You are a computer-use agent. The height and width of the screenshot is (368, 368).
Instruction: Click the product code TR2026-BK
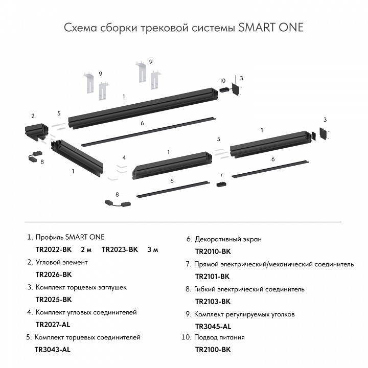54,274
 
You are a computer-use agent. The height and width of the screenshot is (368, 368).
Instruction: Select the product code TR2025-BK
54,300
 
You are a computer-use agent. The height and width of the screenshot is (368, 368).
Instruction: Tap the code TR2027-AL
53,325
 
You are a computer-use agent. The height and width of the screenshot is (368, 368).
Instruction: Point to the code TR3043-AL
52,350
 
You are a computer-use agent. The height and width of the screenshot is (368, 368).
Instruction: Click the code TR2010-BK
213,251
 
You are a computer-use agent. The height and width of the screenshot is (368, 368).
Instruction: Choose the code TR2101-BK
213,277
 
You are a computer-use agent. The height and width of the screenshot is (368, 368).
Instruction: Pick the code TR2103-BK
213,302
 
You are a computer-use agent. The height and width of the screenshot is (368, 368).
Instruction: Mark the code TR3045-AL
213,326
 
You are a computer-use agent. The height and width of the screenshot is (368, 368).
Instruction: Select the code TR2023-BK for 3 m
120,250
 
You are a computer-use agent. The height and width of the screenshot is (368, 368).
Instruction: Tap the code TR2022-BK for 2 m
54,250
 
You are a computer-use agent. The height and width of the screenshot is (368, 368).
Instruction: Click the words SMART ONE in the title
271,27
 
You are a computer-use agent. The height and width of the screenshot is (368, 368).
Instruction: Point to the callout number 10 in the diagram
222,81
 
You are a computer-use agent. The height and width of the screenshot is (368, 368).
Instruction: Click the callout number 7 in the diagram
221,175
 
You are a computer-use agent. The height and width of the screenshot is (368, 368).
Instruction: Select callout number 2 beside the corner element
33,116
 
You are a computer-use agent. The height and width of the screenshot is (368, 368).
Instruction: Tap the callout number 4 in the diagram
124,157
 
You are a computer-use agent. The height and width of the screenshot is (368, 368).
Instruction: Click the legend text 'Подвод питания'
219,337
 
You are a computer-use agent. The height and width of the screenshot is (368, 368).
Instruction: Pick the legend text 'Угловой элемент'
61,262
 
